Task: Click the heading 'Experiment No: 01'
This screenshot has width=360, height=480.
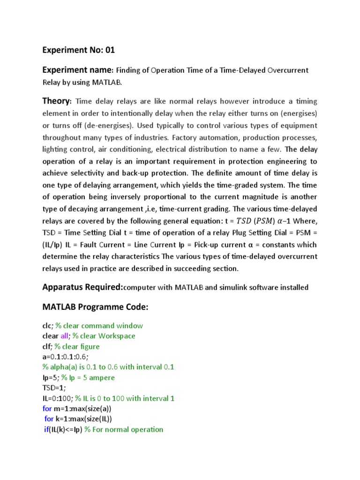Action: coord(78,50)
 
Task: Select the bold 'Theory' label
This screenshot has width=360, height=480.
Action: coord(57,101)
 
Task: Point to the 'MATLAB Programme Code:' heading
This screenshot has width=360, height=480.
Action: coord(95,307)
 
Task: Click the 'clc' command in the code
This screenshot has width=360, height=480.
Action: coord(47,326)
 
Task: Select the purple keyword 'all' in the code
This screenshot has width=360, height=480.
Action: coord(65,336)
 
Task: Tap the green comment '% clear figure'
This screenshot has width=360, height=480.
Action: coord(77,346)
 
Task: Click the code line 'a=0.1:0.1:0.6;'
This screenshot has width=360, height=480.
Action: coord(62,357)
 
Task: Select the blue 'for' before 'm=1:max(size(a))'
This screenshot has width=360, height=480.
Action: coord(47,409)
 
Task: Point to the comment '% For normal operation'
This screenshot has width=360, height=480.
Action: coord(124,429)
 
